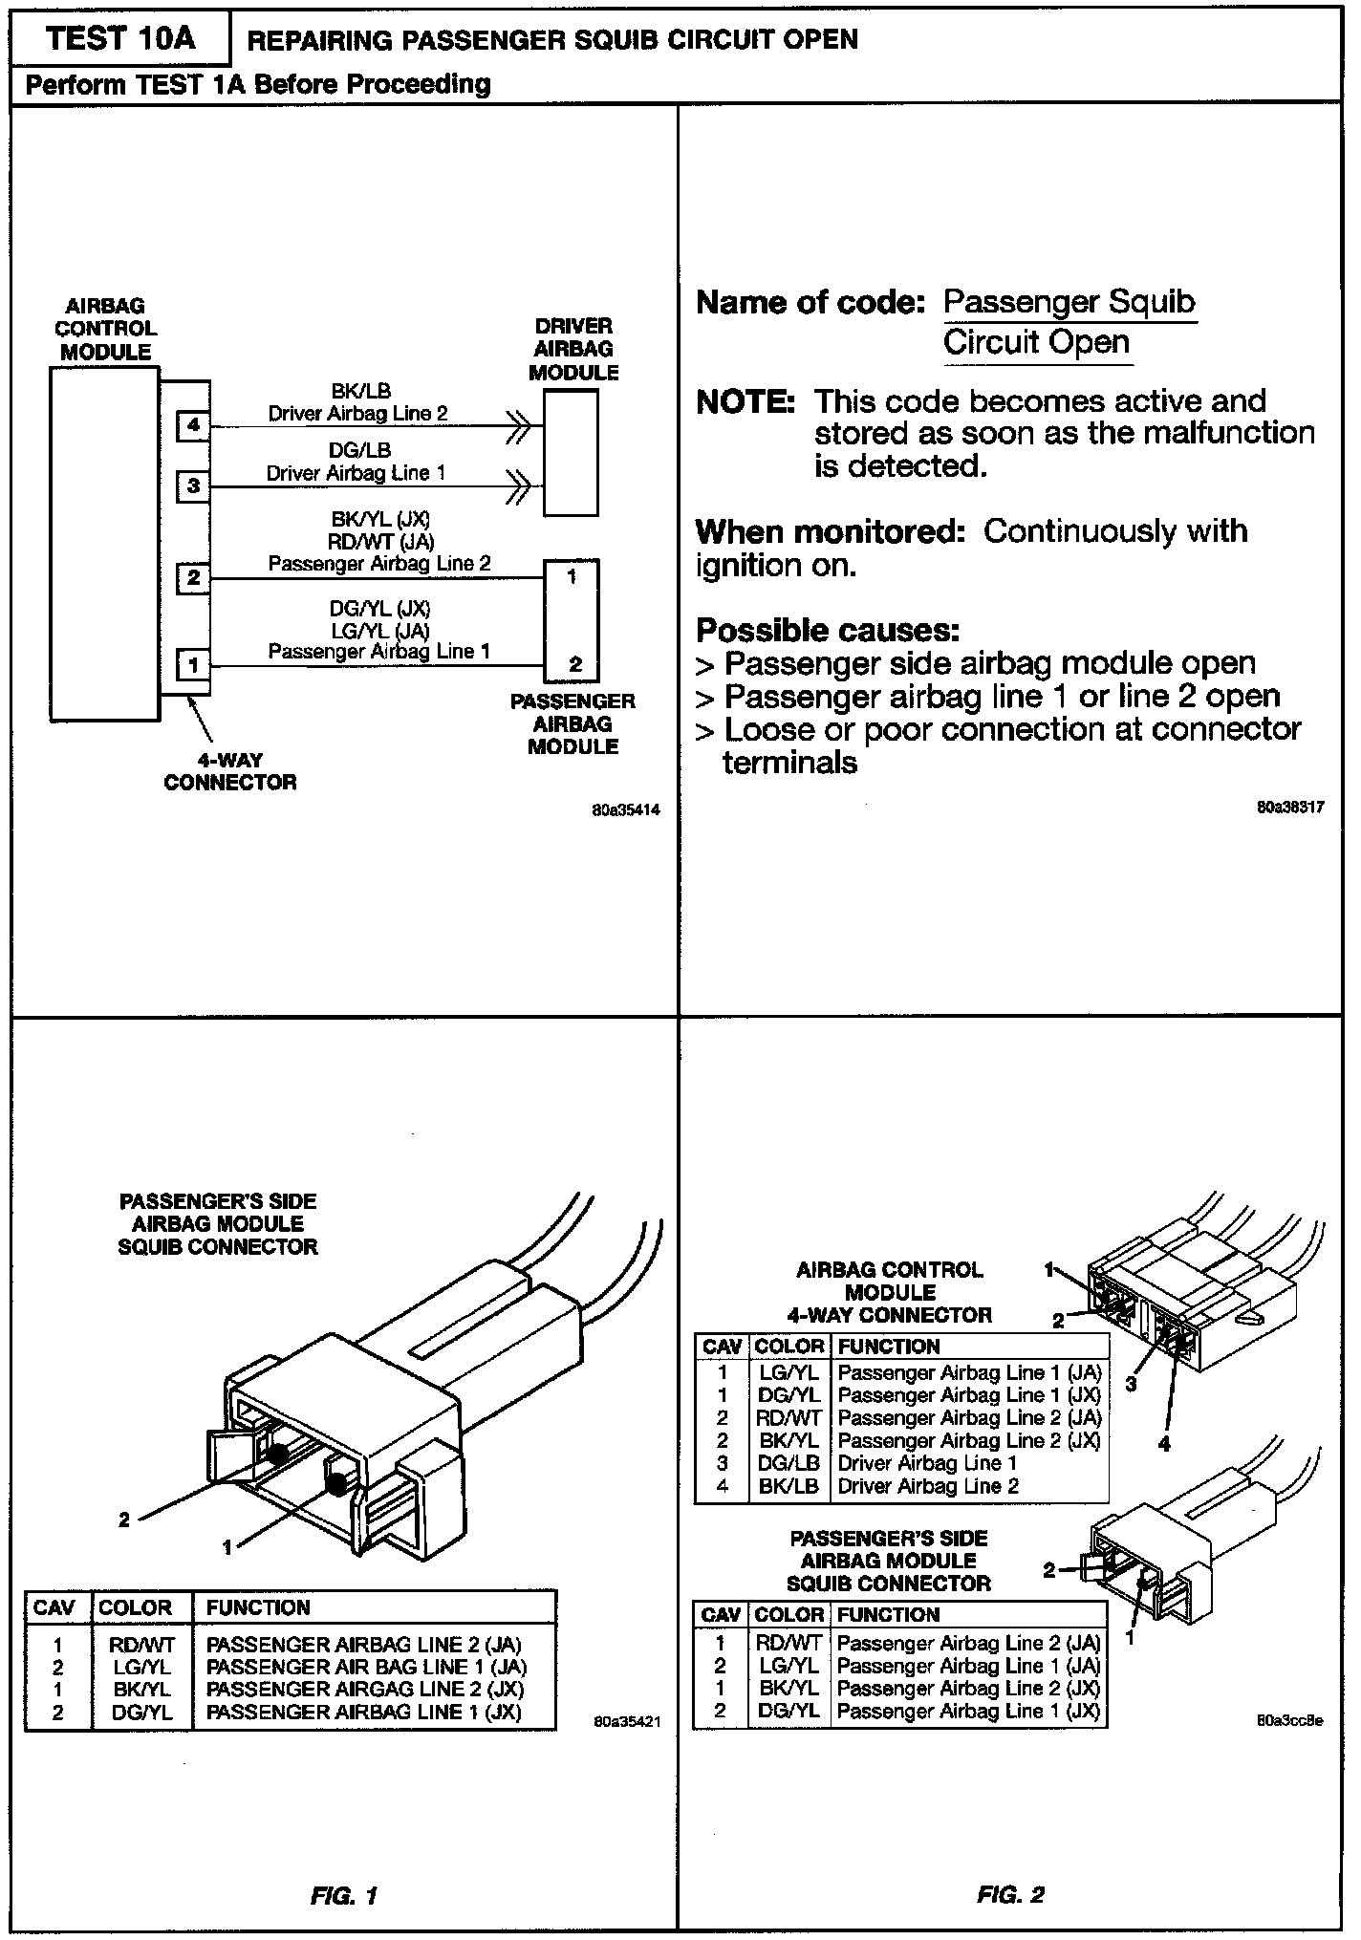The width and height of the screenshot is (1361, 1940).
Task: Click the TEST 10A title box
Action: (120, 39)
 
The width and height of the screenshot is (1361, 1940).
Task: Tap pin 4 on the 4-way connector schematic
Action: (193, 425)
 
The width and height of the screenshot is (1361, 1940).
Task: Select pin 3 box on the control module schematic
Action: (193, 486)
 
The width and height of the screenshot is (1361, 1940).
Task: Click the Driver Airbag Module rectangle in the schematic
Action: (571, 453)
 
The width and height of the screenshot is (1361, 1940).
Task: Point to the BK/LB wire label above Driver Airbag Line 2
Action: (360, 391)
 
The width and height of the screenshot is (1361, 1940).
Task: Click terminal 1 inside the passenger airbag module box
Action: (572, 577)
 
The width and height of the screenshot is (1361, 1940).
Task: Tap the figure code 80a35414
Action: (625, 810)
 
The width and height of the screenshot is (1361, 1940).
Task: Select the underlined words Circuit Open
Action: (1036, 342)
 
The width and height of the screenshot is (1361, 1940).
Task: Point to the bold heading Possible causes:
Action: (828, 631)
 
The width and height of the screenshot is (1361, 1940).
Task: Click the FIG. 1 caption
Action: (344, 1896)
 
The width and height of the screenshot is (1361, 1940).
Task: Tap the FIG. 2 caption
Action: (1010, 1895)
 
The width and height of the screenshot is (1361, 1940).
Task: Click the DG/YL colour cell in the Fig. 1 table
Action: (142, 1714)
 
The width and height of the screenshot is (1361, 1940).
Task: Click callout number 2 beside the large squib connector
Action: (124, 1520)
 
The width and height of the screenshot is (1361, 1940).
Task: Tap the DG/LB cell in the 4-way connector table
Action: (789, 1463)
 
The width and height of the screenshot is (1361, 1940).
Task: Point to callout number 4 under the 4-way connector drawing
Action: (1164, 1445)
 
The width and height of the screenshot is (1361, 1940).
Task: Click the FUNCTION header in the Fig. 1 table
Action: (258, 1607)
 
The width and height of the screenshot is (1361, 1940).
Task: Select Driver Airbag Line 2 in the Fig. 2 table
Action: (928, 1486)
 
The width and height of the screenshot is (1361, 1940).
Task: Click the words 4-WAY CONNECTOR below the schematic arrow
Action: (230, 771)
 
